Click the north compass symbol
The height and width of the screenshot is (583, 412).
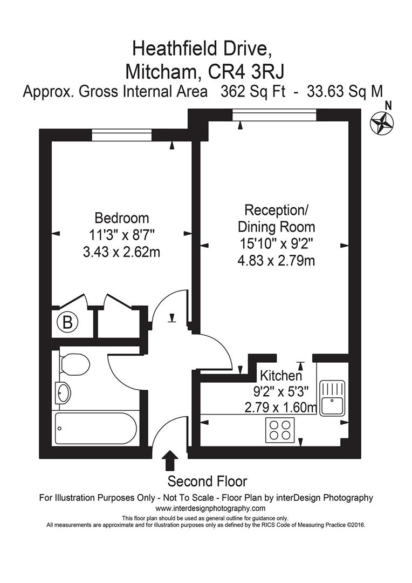[382, 122]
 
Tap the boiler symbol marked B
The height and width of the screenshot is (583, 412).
[67, 322]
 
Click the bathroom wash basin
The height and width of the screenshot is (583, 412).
[63, 392]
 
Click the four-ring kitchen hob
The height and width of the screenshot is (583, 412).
[280, 430]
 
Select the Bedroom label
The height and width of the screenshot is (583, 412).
[121, 218]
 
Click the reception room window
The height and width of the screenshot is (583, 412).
[274, 114]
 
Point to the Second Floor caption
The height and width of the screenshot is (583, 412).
[207, 481]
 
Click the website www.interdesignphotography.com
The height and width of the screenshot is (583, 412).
[210, 509]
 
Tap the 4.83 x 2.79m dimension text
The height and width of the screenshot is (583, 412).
[276, 261]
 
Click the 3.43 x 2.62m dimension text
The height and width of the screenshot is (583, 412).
[121, 252]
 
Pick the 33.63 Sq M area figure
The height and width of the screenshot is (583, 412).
[345, 91]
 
